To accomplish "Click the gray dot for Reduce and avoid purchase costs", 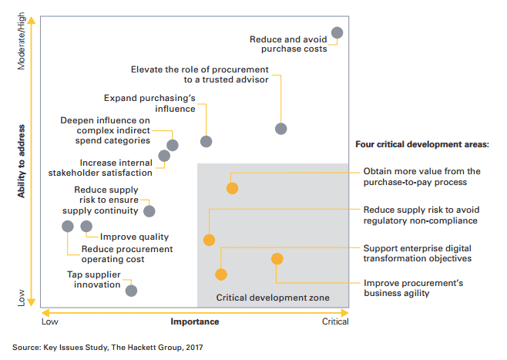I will tap(337, 32).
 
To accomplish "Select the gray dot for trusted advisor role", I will tap(281, 129).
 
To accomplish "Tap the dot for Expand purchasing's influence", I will tap(206, 141).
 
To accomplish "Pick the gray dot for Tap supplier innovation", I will tap(131, 291).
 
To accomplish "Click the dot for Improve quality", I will tap(86, 226).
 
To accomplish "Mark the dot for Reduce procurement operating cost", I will tap(68, 226).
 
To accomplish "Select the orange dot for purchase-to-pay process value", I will tap(232, 188).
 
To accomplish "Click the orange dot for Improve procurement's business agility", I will tap(277, 259).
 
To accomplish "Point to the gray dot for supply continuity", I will tap(149, 210).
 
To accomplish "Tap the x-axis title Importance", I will tap(194, 321).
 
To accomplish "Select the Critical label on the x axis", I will tap(334, 321).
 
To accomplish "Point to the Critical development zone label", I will tap(273, 298).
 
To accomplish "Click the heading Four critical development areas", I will tap(422, 144).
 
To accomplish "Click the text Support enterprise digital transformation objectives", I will tap(417, 253).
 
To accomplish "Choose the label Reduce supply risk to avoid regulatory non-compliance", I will tap(421, 215).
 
